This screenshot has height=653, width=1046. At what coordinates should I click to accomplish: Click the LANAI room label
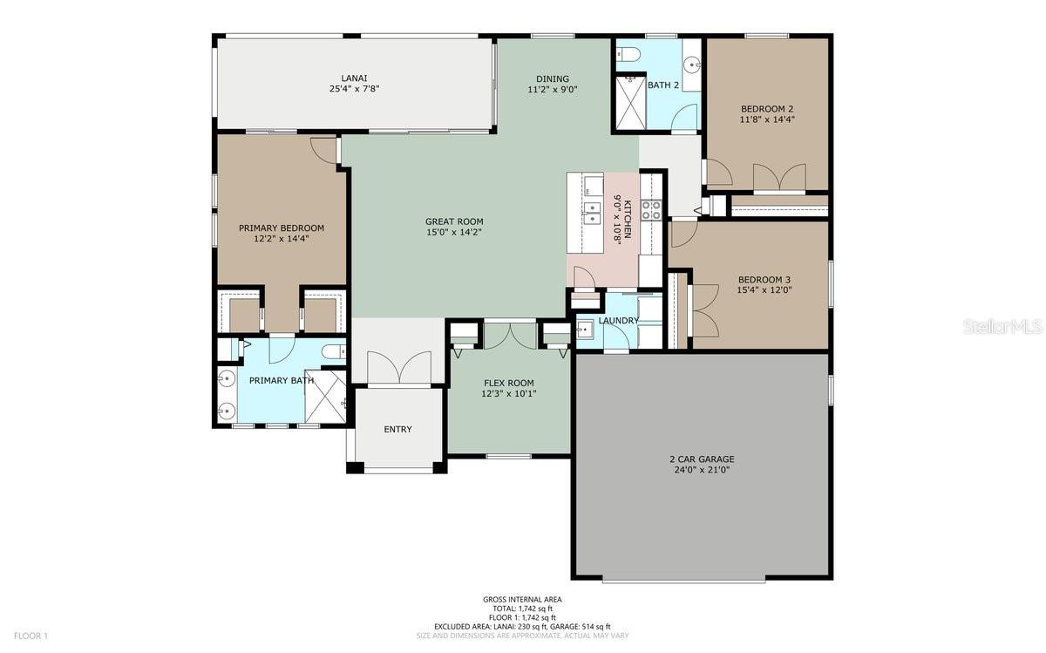(354, 78)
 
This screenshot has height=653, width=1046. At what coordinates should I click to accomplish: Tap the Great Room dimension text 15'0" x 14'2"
(454, 232)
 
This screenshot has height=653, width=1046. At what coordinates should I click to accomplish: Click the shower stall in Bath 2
(630, 102)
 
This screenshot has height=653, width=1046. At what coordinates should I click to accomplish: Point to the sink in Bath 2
(692, 64)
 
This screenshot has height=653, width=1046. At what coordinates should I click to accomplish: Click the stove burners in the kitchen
(651, 210)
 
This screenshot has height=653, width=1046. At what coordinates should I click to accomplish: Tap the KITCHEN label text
(628, 219)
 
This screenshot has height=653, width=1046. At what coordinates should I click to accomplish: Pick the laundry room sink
(584, 330)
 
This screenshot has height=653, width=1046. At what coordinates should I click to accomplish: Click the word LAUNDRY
(618, 321)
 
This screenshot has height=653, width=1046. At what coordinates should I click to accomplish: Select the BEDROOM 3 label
(764, 280)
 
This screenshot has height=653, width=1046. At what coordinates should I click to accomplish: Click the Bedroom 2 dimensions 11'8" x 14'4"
(767, 119)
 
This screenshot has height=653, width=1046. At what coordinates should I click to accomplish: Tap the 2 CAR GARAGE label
(702, 459)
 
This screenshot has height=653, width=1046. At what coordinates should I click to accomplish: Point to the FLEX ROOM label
(508, 383)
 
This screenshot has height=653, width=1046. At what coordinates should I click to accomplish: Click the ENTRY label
(397, 429)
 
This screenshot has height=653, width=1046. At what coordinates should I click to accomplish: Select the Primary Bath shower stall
(325, 397)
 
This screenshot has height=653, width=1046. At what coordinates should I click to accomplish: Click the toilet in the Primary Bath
(335, 351)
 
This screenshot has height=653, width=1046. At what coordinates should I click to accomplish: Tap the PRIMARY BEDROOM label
(281, 228)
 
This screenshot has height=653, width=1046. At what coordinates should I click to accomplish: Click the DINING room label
(553, 79)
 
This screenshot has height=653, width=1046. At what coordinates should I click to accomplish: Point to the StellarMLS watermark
(1002, 326)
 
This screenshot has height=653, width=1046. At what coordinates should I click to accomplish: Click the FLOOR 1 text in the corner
(31, 636)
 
